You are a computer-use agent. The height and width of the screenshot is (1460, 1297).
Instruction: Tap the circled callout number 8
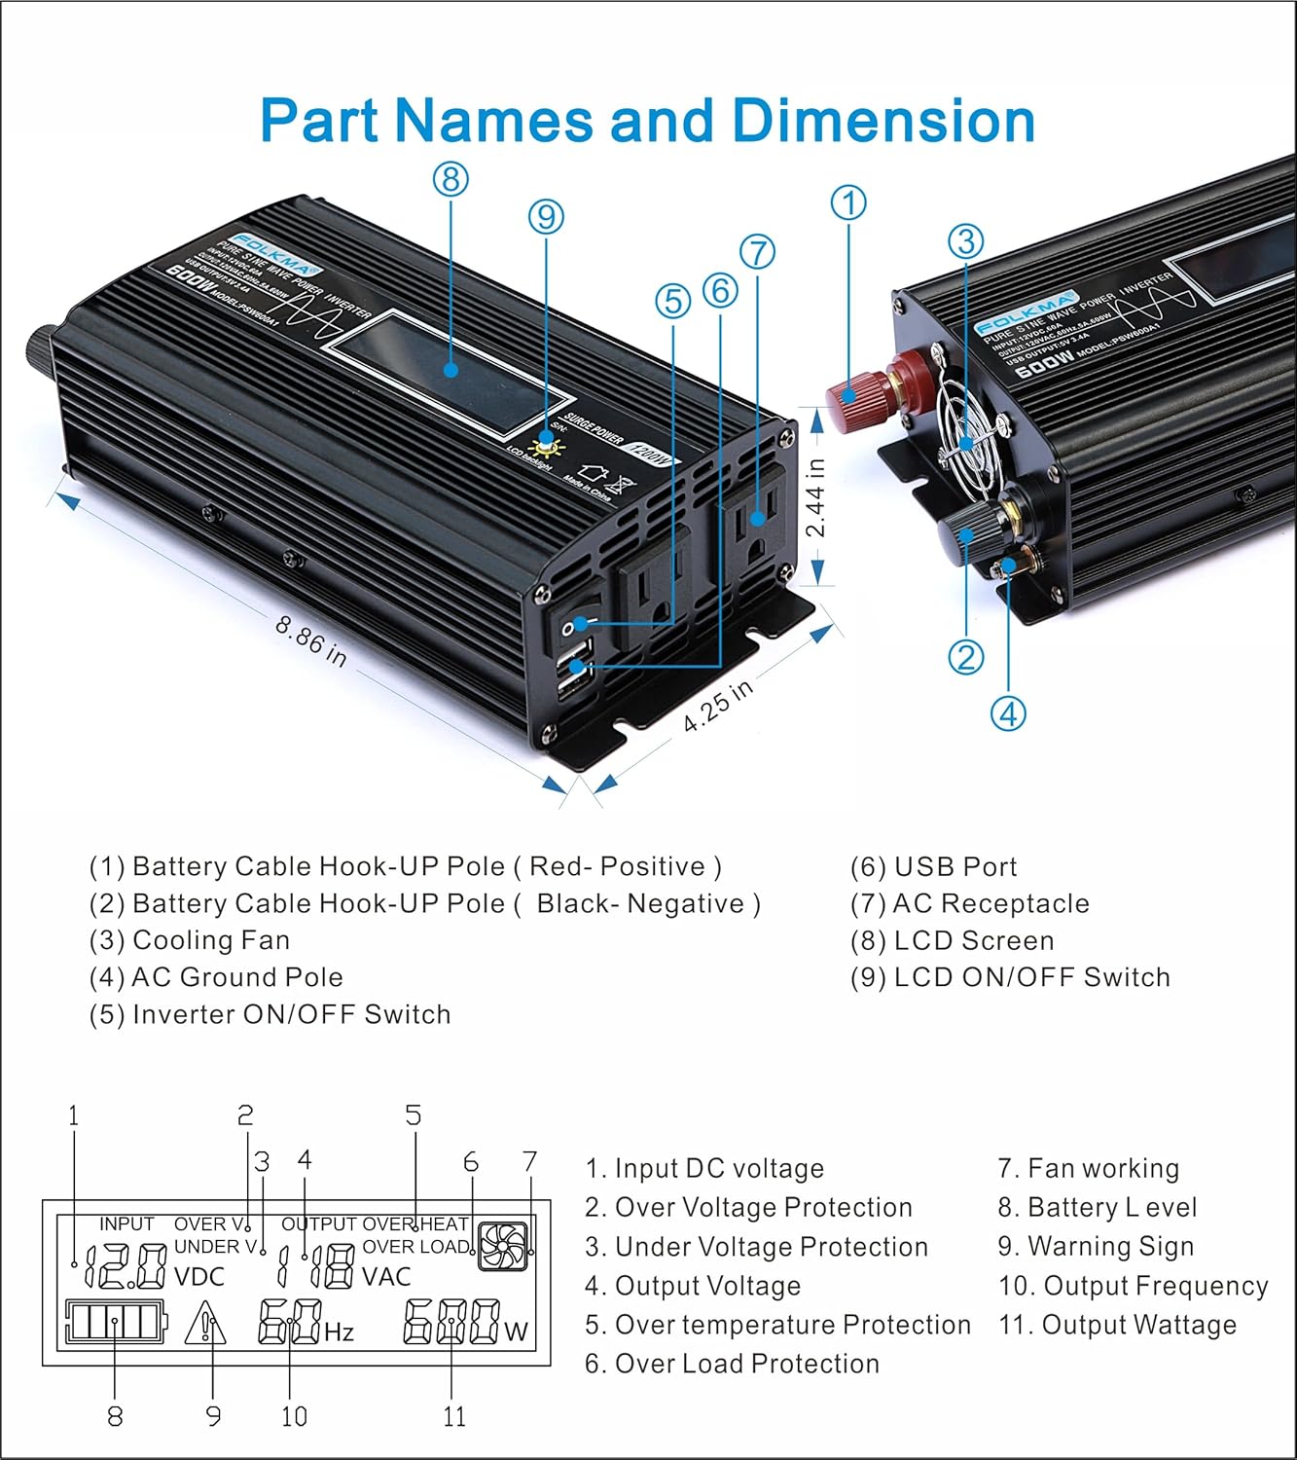coord(450,179)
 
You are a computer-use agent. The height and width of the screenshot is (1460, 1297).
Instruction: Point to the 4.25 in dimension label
coord(718,705)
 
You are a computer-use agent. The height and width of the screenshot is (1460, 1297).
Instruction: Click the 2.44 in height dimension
coord(815,497)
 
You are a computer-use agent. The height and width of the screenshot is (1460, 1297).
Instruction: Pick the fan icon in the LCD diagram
coord(503,1247)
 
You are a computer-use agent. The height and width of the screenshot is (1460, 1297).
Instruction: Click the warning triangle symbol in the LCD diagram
coord(205,1326)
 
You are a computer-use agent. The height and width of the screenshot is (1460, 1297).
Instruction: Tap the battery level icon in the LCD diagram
coord(114,1323)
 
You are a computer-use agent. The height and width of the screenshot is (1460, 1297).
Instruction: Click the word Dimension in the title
coord(883,121)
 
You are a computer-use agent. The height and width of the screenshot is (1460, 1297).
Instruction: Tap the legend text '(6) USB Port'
coord(932,867)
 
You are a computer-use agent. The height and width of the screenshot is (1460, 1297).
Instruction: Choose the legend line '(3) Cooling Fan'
coord(190,941)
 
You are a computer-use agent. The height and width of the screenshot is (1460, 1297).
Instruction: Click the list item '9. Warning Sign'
coord(1096,1247)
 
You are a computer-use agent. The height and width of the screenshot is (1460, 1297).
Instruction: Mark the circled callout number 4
coord(1008,713)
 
